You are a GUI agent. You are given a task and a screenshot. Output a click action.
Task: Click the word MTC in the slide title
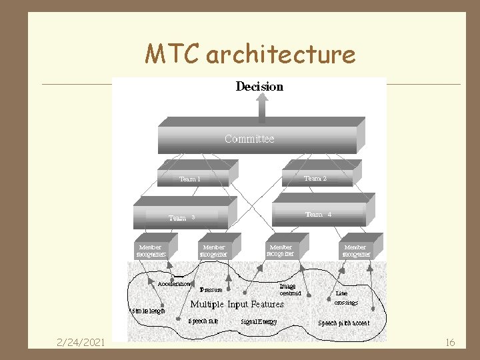(x=173, y=53)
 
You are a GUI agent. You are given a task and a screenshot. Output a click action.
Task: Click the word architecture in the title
(x=281, y=55)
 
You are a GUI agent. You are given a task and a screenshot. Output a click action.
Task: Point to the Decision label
(x=259, y=87)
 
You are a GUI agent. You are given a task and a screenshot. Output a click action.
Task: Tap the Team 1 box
(x=193, y=177)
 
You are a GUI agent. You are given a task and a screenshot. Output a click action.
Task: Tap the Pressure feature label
(x=211, y=290)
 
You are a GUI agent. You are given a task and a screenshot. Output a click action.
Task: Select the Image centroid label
(x=290, y=289)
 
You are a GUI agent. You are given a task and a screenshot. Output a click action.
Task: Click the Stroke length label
(x=148, y=310)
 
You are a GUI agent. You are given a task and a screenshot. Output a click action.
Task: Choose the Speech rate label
(x=203, y=321)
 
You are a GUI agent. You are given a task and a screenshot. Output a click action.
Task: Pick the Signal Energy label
(x=259, y=322)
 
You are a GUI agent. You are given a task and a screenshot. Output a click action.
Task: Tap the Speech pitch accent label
(x=343, y=323)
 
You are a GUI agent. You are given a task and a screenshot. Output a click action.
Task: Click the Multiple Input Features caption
(x=237, y=304)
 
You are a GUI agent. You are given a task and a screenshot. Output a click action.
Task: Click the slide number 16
(x=450, y=342)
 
